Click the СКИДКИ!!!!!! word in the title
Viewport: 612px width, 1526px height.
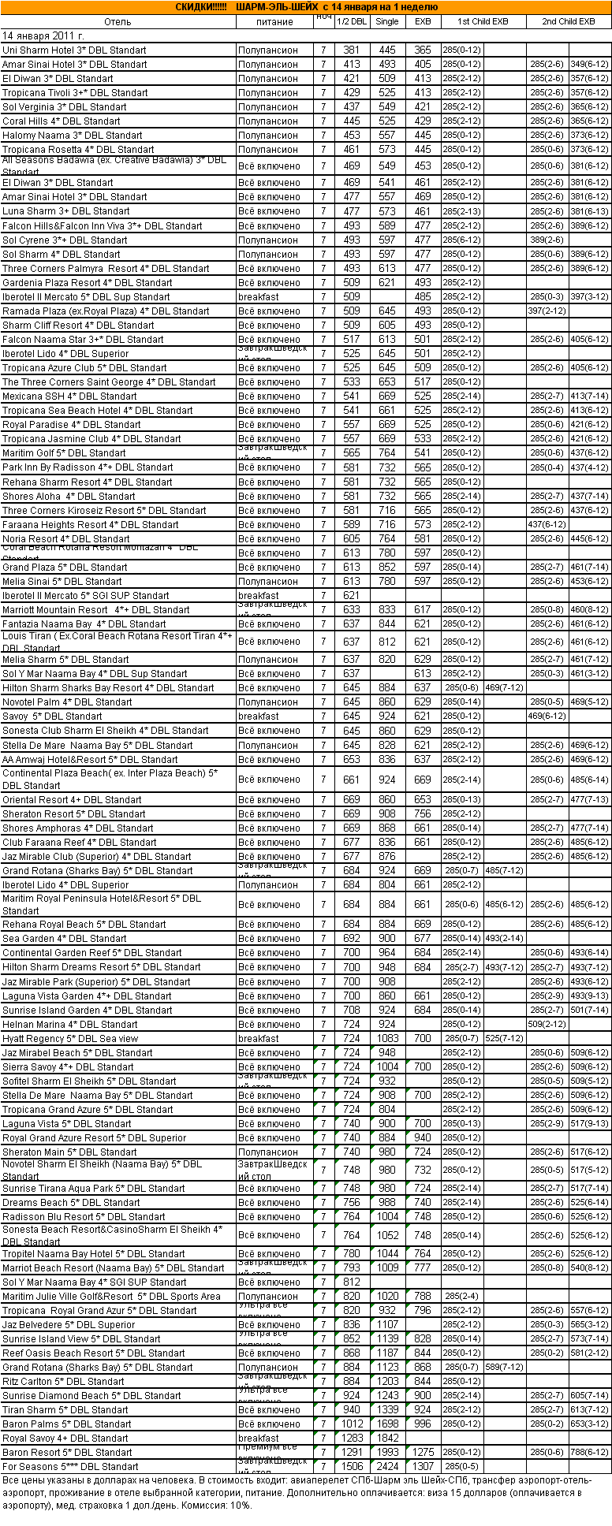(x=200, y=7)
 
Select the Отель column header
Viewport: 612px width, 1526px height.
(x=118, y=21)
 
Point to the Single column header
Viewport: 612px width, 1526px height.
(x=386, y=21)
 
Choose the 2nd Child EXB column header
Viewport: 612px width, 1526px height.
(x=568, y=21)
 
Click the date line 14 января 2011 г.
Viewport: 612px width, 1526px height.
(x=43, y=35)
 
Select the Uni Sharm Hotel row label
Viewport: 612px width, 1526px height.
(x=74, y=50)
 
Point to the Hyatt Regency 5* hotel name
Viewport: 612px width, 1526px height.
(x=70, y=1039)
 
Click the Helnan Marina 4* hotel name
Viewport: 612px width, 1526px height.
(x=69, y=1025)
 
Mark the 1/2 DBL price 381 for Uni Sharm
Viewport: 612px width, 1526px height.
(x=352, y=50)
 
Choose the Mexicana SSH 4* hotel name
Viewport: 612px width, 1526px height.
(x=69, y=396)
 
